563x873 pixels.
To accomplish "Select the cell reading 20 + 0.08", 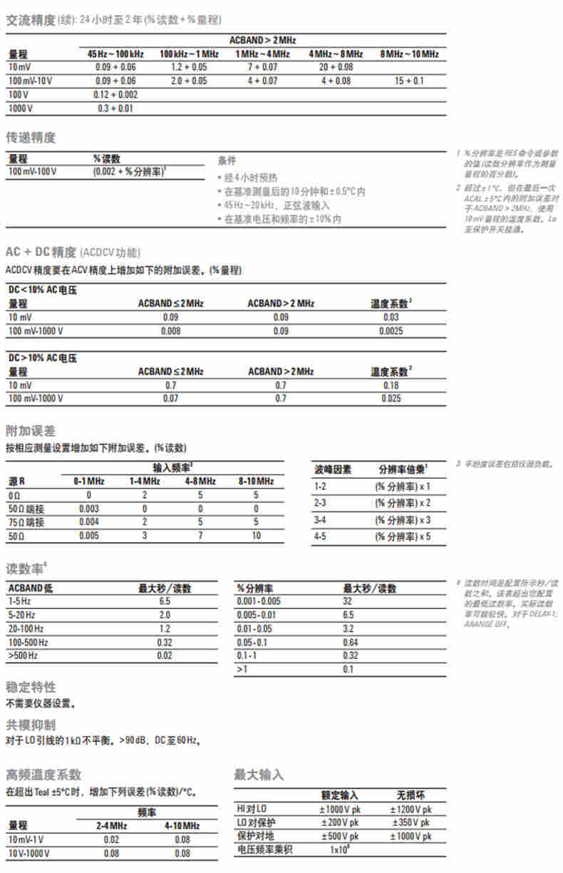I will [336, 67].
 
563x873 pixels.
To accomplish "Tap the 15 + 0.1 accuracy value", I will [409, 81].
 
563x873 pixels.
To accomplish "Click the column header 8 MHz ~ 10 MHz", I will [409, 53].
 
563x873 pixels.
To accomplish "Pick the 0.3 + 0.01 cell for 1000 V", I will [115, 108].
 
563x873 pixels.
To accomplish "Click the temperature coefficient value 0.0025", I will [391, 331].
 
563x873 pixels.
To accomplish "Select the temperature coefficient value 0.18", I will [391, 385].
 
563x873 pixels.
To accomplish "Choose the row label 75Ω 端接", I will [26, 521].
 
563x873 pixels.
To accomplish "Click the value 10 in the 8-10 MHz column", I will [255, 535].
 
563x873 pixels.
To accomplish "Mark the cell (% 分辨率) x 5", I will [403, 536].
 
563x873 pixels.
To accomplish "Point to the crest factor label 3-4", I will [321, 519].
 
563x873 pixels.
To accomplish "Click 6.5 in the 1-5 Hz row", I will [164, 601].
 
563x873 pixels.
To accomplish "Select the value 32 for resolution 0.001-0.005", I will [348, 601].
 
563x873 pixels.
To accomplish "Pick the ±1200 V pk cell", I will [410, 810].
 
